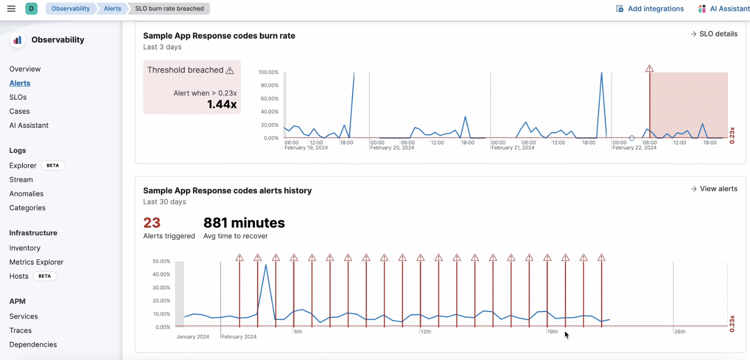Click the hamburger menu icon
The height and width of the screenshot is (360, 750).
pos(12,8)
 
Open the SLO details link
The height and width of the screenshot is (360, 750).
pos(714,34)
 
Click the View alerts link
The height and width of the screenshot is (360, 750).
pos(714,189)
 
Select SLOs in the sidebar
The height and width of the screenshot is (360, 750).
pos(18,97)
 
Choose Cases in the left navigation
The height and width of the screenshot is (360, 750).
pos(19,111)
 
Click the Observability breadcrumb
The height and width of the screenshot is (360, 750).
pos(71,8)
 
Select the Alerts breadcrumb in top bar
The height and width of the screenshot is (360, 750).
pos(112,8)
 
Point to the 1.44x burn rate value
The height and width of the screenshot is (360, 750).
pos(222,104)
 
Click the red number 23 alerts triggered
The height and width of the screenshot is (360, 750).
pos(152,223)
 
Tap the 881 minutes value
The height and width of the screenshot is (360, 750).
pos(244,223)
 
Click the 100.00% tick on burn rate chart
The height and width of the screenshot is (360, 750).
pos(268,72)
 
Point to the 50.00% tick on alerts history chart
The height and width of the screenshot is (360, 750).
pos(161,261)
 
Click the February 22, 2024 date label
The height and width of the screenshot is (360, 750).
pos(634,148)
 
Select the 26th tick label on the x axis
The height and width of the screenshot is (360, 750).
pos(679,332)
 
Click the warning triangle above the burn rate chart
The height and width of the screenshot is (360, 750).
pos(649,69)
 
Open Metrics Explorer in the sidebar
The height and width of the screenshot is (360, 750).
pos(36,262)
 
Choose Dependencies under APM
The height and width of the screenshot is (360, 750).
pos(33,344)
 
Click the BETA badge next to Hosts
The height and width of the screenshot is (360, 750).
pos(45,276)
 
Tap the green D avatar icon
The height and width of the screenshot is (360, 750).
pos(31,8)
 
